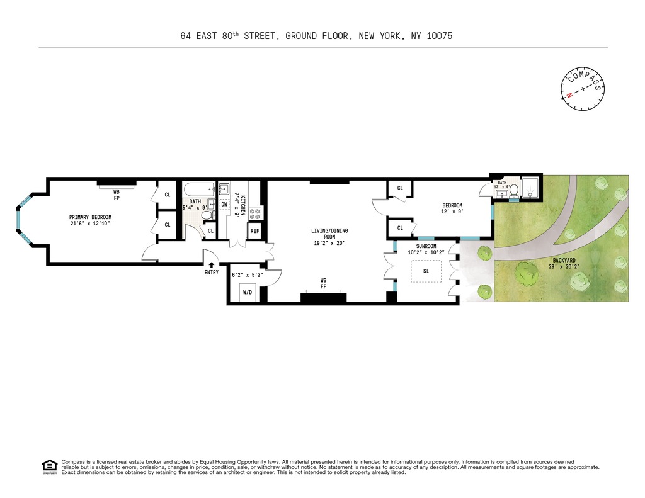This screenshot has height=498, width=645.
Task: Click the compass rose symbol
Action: [x=582, y=89]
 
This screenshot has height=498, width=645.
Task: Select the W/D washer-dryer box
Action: [x=249, y=293]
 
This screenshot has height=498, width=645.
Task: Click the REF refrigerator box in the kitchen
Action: [x=254, y=231]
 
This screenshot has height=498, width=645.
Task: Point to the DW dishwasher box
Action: [x=225, y=204]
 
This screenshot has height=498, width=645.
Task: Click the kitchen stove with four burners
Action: [x=255, y=213]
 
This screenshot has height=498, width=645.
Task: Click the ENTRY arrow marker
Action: [x=211, y=265]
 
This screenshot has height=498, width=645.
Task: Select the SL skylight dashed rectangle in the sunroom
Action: [x=426, y=272]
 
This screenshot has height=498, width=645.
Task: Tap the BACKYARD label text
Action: [x=564, y=263]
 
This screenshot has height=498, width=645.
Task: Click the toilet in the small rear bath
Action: [x=513, y=191]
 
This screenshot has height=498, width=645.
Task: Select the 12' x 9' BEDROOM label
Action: [x=452, y=208]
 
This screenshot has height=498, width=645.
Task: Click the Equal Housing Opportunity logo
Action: [x=49, y=467]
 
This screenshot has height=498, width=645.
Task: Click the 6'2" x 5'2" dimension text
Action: [x=246, y=275]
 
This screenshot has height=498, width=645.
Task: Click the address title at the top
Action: [x=316, y=37]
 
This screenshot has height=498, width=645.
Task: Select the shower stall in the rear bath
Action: [x=531, y=188]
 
